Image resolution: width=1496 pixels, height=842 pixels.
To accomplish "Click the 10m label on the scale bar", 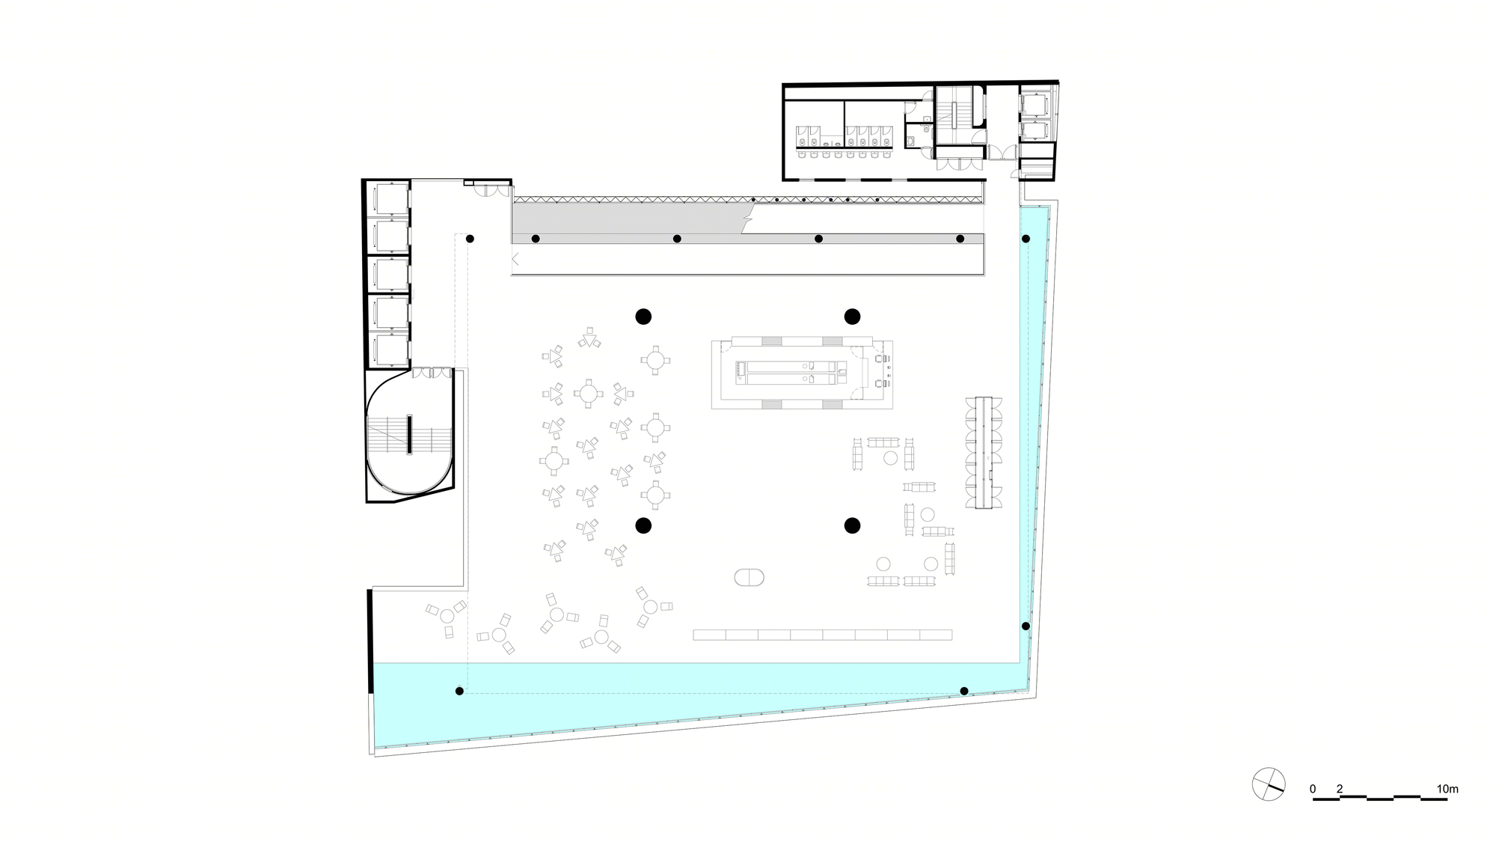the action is click(1447, 789).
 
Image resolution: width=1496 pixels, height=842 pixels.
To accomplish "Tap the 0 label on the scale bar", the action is click(1313, 789).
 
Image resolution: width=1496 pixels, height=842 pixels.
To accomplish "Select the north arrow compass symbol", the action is click(1269, 784).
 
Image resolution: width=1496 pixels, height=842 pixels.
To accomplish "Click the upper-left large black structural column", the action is click(643, 317).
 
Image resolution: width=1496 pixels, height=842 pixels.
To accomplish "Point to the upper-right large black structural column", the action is click(852, 317).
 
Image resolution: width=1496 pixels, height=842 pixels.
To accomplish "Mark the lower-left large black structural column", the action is click(643, 526).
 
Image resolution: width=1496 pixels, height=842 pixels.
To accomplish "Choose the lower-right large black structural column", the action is click(852, 526).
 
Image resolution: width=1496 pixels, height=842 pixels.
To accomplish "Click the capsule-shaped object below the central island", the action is click(749, 577).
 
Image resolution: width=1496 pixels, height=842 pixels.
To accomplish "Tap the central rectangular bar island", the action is click(802, 373).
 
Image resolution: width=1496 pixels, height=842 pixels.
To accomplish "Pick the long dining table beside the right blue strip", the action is click(984, 453).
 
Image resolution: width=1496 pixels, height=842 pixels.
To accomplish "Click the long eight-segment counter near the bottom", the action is click(823, 635).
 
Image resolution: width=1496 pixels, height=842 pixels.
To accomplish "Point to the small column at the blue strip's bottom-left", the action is click(459, 691).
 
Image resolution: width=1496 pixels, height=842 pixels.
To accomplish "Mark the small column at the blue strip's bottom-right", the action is click(964, 691).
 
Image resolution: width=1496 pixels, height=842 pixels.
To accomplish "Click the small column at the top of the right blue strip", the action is click(1026, 239).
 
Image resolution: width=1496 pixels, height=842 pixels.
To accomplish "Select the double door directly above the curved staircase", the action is click(432, 373).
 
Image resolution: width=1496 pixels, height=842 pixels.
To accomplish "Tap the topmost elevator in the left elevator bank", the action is click(390, 198).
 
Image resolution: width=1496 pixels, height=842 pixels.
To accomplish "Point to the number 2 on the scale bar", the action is click(1340, 789).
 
